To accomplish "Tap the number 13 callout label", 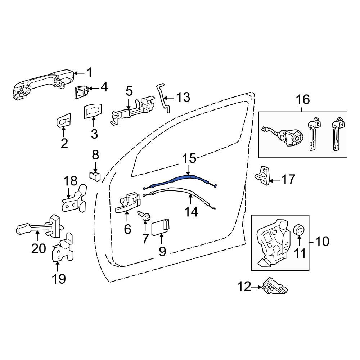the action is (183, 97).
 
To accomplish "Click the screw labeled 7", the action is (144, 216).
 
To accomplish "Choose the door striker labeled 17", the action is (262, 176).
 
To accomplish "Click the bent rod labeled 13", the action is (163, 98).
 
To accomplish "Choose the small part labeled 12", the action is (274, 285).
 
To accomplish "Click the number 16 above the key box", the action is (303, 100).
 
